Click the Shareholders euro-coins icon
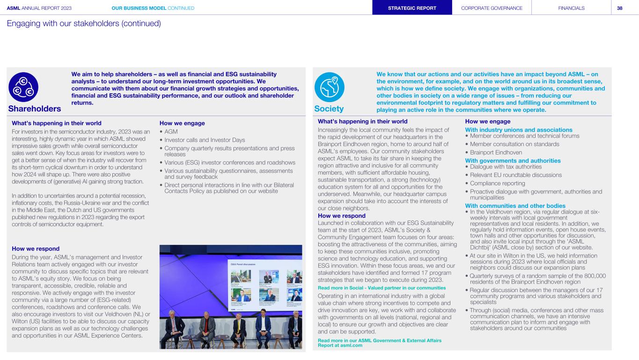click(23, 87)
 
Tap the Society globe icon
click(330, 87)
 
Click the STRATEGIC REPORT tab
click(412, 8)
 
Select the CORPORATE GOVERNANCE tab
click(492, 8)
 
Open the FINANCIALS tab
click(571, 8)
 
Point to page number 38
click(619, 8)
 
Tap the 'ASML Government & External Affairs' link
click(379, 340)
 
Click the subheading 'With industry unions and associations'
click(519, 130)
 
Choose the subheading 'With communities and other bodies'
click(515, 206)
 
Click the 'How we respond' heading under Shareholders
click(36, 249)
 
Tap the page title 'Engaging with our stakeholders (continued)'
click(84, 23)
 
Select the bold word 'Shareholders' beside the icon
click(35, 109)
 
